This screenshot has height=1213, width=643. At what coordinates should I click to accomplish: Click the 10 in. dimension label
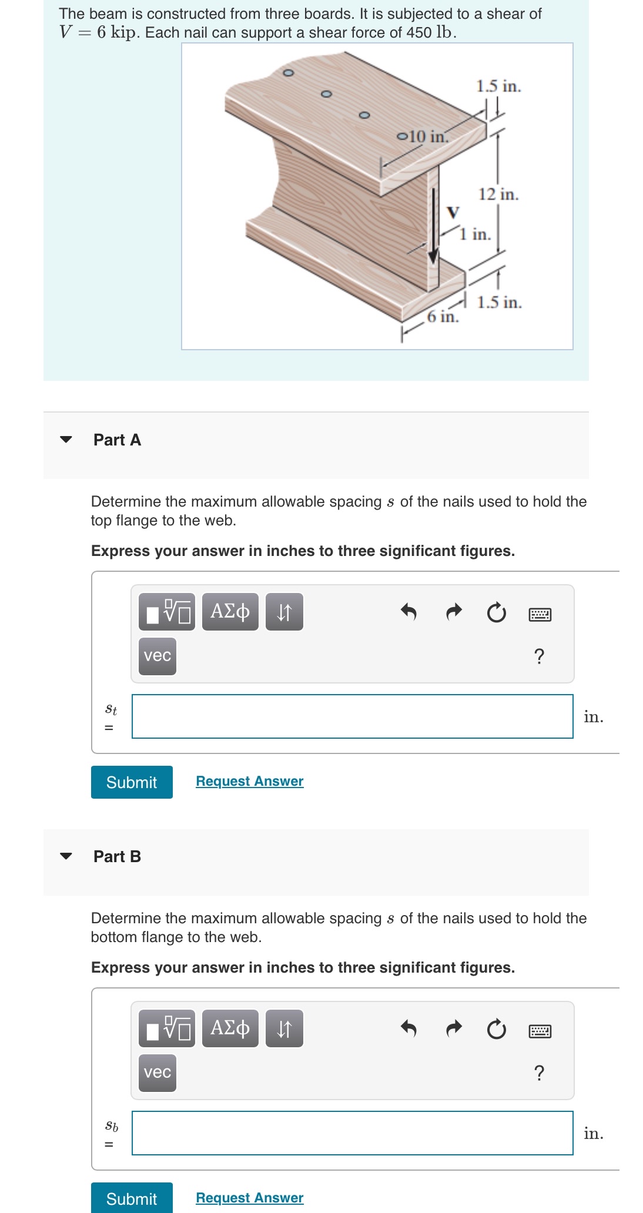pyautogui.click(x=428, y=136)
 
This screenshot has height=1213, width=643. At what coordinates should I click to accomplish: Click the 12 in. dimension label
pyautogui.click(x=498, y=194)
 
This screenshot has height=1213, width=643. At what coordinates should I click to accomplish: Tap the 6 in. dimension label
pyautogui.click(x=443, y=317)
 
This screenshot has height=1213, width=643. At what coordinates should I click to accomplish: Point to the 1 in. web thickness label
pyautogui.click(x=475, y=234)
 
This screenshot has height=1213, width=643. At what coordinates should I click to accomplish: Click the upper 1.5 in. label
pyautogui.click(x=498, y=86)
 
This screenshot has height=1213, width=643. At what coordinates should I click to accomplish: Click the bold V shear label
pyautogui.click(x=453, y=212)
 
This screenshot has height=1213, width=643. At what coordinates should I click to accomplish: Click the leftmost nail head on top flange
pyautogui.click(x=288, y=73)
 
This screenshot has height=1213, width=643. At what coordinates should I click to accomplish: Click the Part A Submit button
pyautogui.click(x=132, y=782)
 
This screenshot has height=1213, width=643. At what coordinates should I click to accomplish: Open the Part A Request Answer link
pyautogui.click(x=249, y=781)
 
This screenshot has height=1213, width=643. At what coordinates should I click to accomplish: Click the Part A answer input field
pyautogui.click(x=352, y=716)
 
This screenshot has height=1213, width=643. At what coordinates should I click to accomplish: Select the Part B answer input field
pyautogui.click(x=352, y=1132)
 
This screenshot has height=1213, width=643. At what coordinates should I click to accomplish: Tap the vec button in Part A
pyautogui.click(x=158, y=656)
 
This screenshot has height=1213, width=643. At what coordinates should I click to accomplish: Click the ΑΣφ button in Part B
pyautogui.click(x=230, y=1028)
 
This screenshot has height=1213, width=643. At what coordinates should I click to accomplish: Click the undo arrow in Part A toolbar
pyautogui.click(x=408, y=612)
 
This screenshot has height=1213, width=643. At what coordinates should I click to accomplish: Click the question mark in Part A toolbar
pyautogui.click(x=539, y=656)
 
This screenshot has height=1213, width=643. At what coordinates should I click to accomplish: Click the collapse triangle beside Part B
pyautogui.click(x=66, y=856)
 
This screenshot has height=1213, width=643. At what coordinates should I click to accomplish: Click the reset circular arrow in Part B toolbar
pyautogui.click(x=496, y=1030)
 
